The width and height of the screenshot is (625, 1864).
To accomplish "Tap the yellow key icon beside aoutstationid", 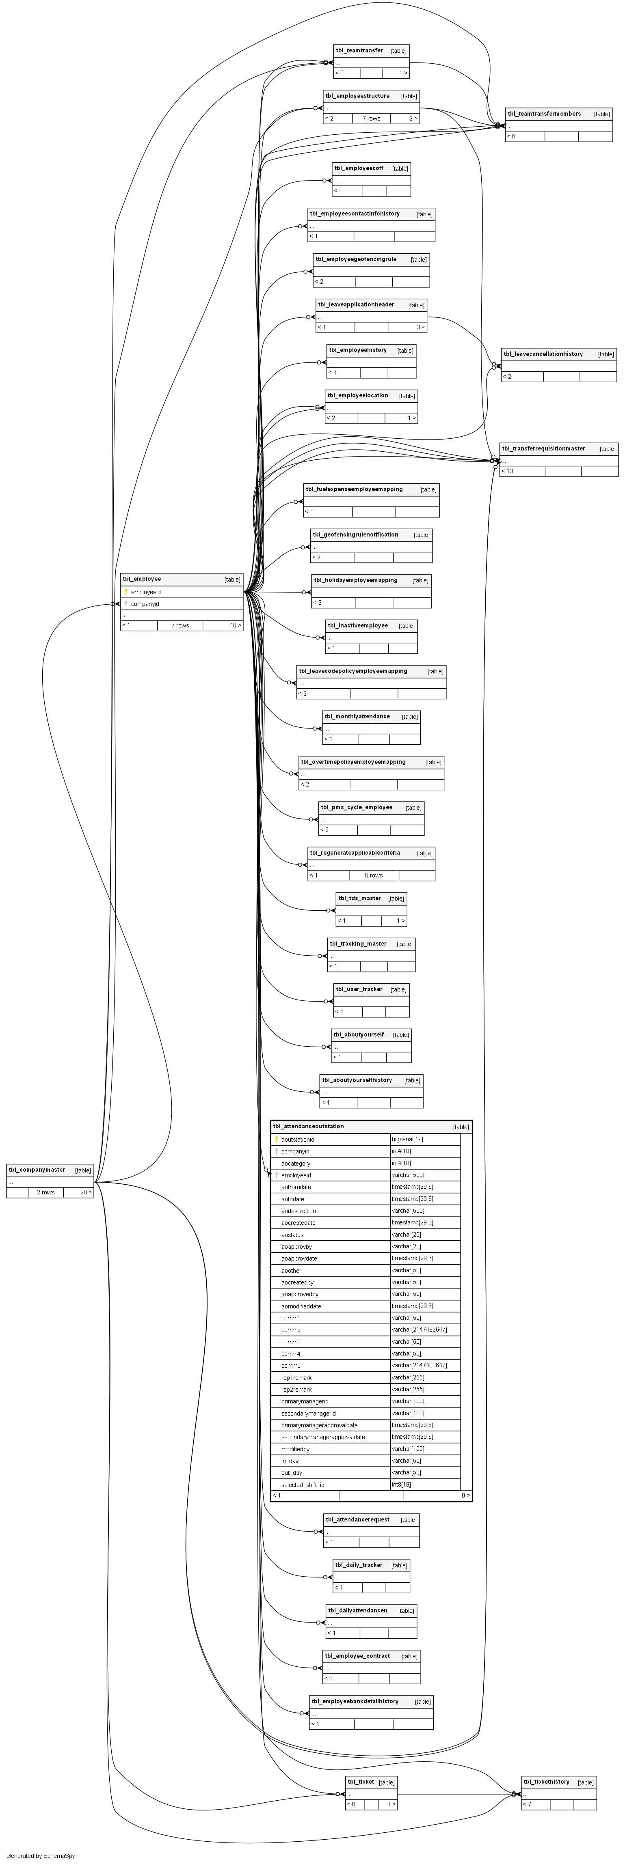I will [x=276, y=1139].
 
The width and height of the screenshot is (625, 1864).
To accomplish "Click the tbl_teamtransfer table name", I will [x=359, y=51].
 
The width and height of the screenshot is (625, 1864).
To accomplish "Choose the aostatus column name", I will [x=292, y=1235].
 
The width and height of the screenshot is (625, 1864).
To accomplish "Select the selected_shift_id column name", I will [x=303, y=1484].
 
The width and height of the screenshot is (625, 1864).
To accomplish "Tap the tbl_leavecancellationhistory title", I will [x=543, y=354].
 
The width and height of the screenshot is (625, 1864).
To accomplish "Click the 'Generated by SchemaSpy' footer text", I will [x=41, y=1855].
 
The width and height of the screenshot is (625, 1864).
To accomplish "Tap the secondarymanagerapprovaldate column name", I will [x=323, y=1436].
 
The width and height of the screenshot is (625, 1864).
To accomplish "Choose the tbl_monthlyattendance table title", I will [x=357, y=716].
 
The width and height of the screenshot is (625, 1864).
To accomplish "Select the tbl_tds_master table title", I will [x=359, y=898].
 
